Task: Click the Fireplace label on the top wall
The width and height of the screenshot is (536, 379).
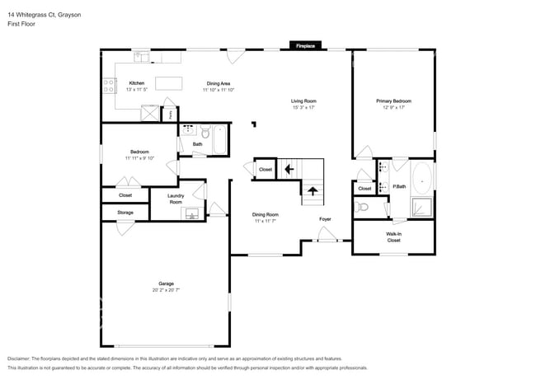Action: coord(305,46)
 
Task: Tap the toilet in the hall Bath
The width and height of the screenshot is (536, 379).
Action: coord(202,132)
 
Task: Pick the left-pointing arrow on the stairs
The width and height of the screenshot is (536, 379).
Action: coord(288,170)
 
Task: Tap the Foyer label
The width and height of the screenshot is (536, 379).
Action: coord(326,219)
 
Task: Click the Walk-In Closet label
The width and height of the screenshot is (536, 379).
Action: coord(393,236)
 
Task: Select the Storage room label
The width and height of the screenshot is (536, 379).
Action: coord(125,212)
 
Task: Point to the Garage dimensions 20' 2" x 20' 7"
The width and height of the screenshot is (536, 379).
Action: coord(165,290)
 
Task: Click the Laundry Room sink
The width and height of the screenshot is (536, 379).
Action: coord(191,213)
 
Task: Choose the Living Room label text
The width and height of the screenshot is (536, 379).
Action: coord(303,101)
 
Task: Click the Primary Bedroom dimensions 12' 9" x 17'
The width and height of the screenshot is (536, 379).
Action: coord(393,108)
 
